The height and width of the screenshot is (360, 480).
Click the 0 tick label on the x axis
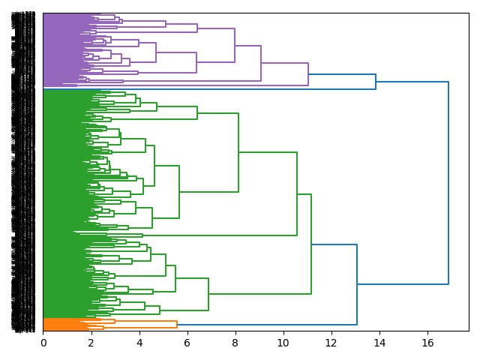coord(43,343)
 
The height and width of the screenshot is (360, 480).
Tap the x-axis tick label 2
coord(91,343)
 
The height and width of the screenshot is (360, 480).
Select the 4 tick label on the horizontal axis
coord(139,343)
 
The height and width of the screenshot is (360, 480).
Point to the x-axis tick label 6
coord(187,343)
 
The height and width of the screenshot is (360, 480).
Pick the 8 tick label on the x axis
coord(235,343)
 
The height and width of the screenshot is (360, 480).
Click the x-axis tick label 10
coord(283,343)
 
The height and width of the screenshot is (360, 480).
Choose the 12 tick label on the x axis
coord(331,343)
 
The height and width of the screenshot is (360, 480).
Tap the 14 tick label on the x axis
coord(379,343)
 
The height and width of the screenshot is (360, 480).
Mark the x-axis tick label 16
coord(427,343)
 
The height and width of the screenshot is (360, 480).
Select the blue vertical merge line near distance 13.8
coord(376,82)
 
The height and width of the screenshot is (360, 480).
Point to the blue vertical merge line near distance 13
coord(357,284)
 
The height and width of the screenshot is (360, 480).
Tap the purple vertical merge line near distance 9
coord(261,63)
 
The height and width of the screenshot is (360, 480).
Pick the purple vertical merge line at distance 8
coord(235,45)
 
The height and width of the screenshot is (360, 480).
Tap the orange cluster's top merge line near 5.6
coord(177,325)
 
